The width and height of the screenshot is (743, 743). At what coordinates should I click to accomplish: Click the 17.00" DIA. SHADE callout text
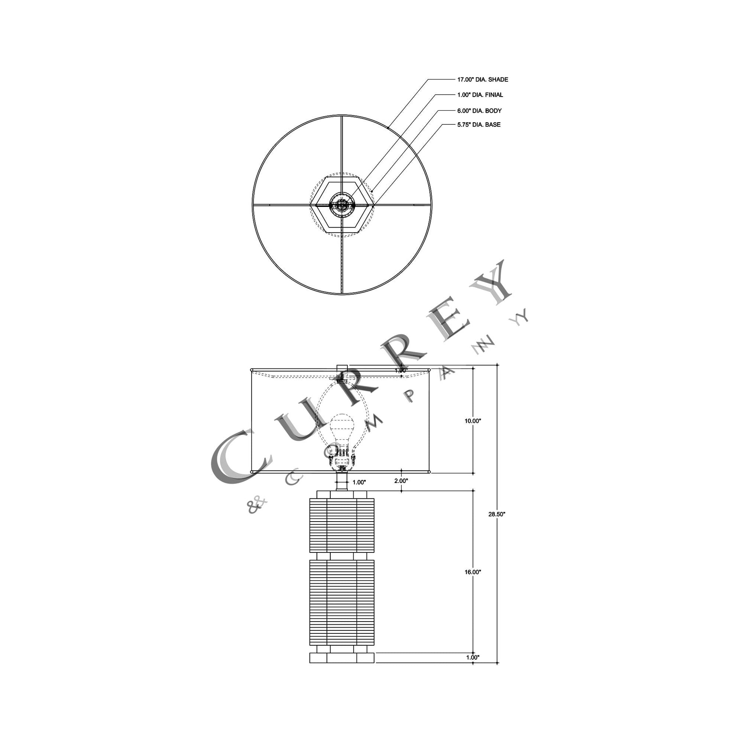pyautogui.click(x=482, y=79)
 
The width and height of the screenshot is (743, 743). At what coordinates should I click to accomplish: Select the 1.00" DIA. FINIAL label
pyautogui.click(x=480, y=95)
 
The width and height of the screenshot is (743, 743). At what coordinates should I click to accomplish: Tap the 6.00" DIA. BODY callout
pyautogui.click(x=479, y=111)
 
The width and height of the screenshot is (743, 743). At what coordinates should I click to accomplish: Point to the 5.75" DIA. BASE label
pyautogui.click(x=479, y=124)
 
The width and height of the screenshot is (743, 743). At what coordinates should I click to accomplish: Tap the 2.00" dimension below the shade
pyautogui.click(x=401, y=481)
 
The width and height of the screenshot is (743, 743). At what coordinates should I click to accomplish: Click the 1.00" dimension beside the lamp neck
pyautogui.click(x=359, y=482)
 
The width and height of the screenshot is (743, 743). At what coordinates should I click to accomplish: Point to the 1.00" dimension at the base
pyautogui.click(x=473, y=657)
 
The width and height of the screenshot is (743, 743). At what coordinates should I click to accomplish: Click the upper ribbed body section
pyautogui.click(x=341, y=525)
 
